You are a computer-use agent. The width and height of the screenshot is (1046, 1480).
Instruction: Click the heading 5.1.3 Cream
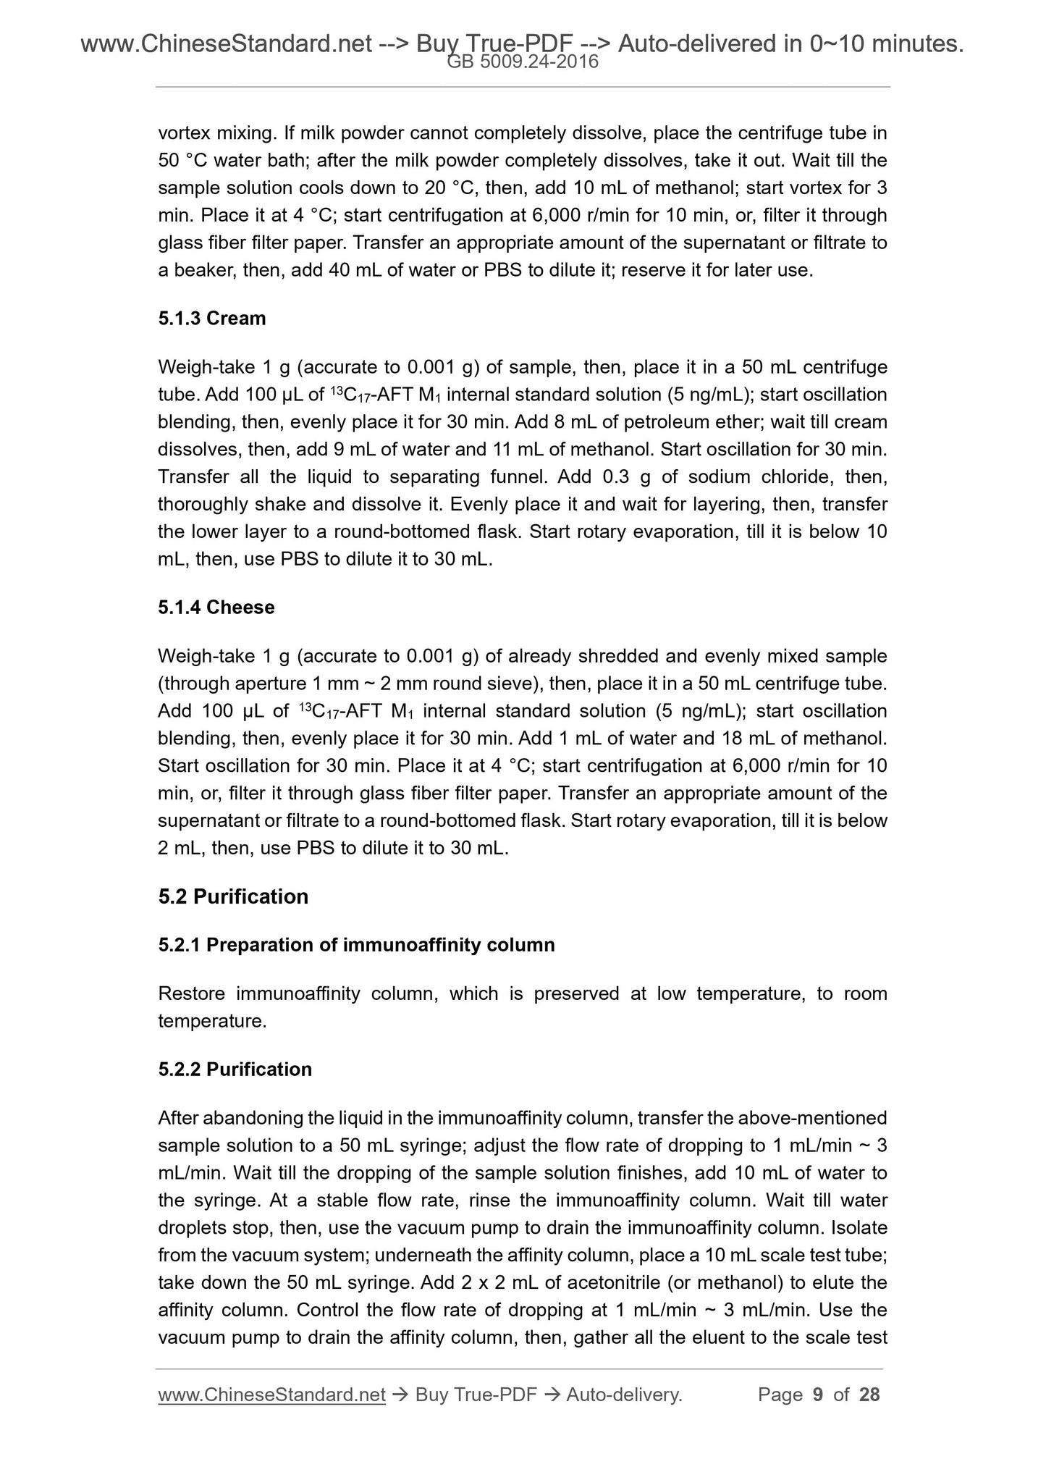[x=211, y=319]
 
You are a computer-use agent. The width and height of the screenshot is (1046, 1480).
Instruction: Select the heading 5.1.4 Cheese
[x=216, y=607]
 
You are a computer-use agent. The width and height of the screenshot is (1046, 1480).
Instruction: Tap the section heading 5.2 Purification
[x=233, y=896]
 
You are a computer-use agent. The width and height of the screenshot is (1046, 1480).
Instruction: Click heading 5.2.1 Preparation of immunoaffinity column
[x=356, y=945]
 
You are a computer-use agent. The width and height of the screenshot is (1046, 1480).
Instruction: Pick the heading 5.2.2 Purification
[x=235, y=1069]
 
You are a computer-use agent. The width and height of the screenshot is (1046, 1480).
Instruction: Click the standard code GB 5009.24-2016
[x=523, y=62]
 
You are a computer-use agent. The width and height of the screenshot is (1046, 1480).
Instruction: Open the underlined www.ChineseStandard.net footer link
[x=271, y=1395]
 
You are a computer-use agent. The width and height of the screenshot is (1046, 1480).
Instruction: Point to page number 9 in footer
[x=818, y=1395]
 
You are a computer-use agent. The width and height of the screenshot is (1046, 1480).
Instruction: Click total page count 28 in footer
[x=869, y=1395]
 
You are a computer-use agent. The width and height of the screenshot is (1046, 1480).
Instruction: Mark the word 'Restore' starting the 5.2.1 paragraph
[x=191, y=993]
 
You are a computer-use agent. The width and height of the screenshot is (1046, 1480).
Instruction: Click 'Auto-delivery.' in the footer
[x=625, y=1395]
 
